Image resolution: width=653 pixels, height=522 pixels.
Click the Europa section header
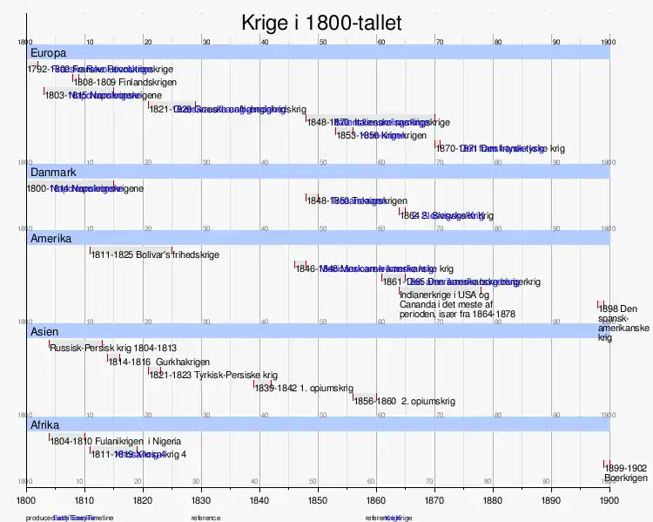[x=48, y=53]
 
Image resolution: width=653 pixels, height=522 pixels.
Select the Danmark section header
[x=54, y=172]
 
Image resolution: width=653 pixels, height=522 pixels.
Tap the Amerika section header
[x=50, y=238]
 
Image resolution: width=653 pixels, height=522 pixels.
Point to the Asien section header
[x=44, y=332]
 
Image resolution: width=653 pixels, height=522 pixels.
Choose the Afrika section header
[x=45, y=425]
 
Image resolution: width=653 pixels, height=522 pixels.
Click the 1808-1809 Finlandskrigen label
[x=113, y=82]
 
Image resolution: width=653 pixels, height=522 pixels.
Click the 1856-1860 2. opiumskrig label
[x=405, y=402]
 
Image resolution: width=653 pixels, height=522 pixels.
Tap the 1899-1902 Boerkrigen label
[x=625, y=473]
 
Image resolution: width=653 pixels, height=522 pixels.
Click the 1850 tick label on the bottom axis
[x=317, y=501]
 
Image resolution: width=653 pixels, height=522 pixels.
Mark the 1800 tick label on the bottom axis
[x=26, y=501]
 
